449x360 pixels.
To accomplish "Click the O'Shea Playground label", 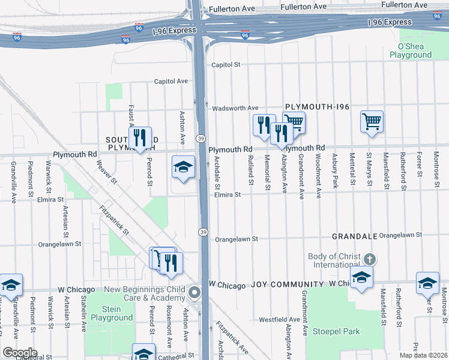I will pyautogui.click(x=411, y=50).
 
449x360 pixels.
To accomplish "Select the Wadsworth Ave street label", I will pyautogui.click(x=235, y=108).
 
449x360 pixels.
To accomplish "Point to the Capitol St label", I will pyautogui.click(x=225, y=65).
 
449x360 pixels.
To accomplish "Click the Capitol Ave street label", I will pyautogui.click(x=172, y=81).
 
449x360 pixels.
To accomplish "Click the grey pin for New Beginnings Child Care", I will pyautogui.click(x=194, y=293).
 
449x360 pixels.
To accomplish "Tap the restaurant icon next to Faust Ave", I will pyautogui.click(x=140, y=137).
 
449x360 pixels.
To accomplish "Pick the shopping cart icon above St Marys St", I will pyautogui.click(x=372, y=121).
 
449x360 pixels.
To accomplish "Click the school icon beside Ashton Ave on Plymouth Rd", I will pyautogui.click(x=183, y=167).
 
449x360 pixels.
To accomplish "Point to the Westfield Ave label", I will pyautogui.click(x=279, y=319).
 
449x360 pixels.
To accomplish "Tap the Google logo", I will pyautogui.click(x=19, y=353).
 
